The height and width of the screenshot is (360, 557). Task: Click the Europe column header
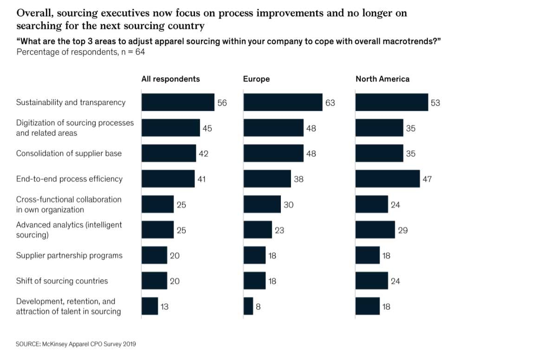256,79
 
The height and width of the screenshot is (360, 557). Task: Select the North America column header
382,79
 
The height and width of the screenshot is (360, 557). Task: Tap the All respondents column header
170,79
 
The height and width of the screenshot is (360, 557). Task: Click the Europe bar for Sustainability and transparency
283,102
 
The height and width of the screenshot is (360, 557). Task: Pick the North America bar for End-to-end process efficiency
388,179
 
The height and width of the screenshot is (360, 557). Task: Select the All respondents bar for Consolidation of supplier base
168,153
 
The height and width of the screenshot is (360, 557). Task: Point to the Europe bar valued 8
248,306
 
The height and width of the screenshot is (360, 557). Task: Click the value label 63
330,103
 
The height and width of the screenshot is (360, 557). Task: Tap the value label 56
222,103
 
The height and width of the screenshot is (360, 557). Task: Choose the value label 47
427,179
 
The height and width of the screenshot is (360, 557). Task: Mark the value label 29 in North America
403,230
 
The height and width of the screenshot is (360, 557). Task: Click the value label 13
164,306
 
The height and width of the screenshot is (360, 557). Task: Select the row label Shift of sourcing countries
62,281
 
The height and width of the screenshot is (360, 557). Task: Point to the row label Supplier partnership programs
69,255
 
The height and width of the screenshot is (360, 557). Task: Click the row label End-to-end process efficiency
69,179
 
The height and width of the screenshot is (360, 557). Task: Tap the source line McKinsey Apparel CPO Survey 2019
76,344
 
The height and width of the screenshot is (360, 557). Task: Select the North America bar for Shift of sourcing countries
371,281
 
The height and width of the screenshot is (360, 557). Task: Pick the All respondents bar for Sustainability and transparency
178,102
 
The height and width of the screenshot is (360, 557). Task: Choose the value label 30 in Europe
288,204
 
